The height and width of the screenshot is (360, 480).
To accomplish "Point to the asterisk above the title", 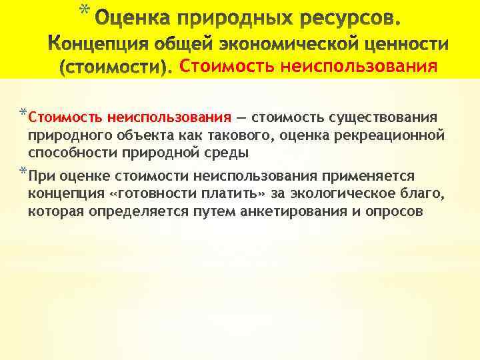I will click(83, 9).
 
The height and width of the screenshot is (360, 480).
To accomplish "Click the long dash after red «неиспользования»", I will click(239, 118).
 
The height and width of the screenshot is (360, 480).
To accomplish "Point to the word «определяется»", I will click(123, 211).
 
